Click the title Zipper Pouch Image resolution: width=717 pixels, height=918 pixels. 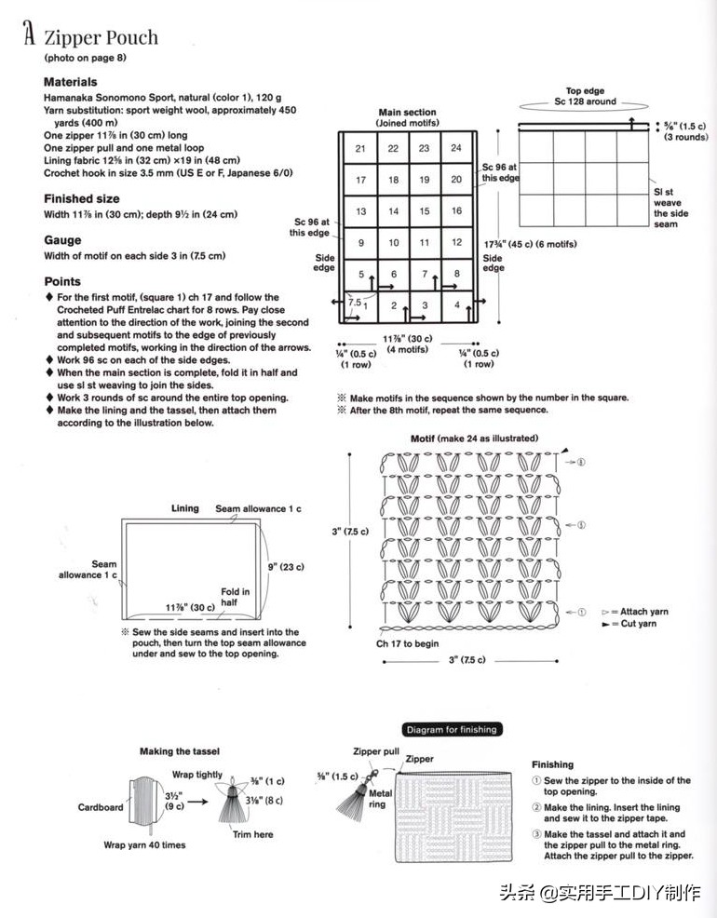click(x=101, y=38)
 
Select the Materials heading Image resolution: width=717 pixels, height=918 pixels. click(x=70, y=82)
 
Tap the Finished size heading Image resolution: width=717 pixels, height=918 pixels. click(x=81, y=198)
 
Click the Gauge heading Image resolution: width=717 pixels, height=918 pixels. click(x=62, y=239)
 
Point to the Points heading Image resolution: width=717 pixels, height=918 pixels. click(x=62, y=281)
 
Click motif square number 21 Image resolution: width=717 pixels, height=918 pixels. click(x=360, y=148)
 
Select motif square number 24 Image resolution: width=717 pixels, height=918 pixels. click(x=456, y=148)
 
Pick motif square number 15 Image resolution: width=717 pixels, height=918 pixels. click(x=425, y=211)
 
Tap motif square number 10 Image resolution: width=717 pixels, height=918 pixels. click(x=393, y=243)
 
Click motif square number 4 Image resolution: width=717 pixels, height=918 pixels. click(x=456, y=304)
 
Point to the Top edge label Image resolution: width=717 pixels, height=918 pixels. click(x=585, y=91)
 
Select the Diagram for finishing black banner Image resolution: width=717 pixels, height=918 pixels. click(x=451, y=730)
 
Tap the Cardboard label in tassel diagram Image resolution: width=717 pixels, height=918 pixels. click(x=101, y=807)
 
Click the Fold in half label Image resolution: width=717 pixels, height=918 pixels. click(x=235, y=597)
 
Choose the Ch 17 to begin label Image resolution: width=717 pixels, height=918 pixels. click(x=407, y=643)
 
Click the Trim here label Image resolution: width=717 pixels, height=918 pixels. click(x=252, y=834)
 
